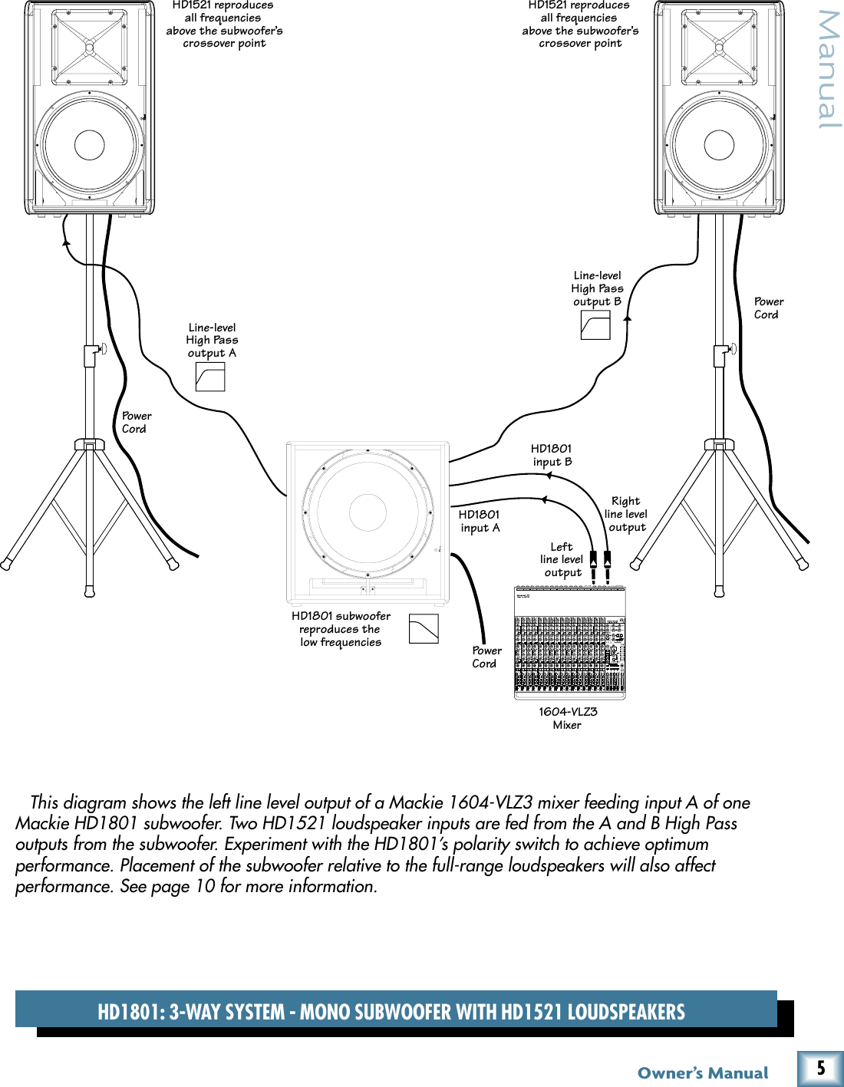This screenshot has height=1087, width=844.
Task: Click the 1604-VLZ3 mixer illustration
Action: pyautogui.click(x=569, y=643)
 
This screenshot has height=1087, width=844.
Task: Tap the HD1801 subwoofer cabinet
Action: pyautogui.click(x=368, y=522)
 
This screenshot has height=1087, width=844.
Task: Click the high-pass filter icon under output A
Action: pyautogui.click(x=210, y=377)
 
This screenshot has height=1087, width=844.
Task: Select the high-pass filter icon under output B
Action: pyautogui.click(x=595, y=324)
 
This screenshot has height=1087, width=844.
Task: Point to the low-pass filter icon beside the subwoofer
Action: pyautogui.click(x=424, y=628)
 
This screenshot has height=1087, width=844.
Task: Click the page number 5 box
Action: pyautogui.click(x=820, y=1068)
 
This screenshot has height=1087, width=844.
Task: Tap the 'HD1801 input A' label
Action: pyautogui.click(x=480, y=521)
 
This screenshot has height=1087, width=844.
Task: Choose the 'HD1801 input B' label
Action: pyautogui.click(x=552, y=455)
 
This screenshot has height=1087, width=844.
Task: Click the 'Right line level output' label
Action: pyautogui.click(x=626, y=514)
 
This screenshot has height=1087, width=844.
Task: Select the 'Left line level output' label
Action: pyautogui.click(x=562, y=559)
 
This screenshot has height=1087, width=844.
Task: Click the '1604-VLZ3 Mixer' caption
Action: pyautogui.click(x=568, y=718)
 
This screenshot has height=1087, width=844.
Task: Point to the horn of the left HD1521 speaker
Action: pyautogui.click(x=90, y=48)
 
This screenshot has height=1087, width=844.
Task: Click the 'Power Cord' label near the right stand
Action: pyautogui.click(x=768, y=308)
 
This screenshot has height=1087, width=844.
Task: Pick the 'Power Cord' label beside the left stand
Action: pyautogui.click(x=136, y=422)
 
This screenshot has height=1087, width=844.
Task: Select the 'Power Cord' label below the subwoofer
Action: pyautogui.click(x=486, y=657)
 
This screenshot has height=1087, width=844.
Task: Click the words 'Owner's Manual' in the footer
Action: pyautogui.click(x=703, y=1072)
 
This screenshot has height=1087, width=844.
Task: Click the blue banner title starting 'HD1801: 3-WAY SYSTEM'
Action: pyautogui.click(x=391, y=1012)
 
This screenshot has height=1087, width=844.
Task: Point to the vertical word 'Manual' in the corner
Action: pyautogui.click(x=829, y=69)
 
